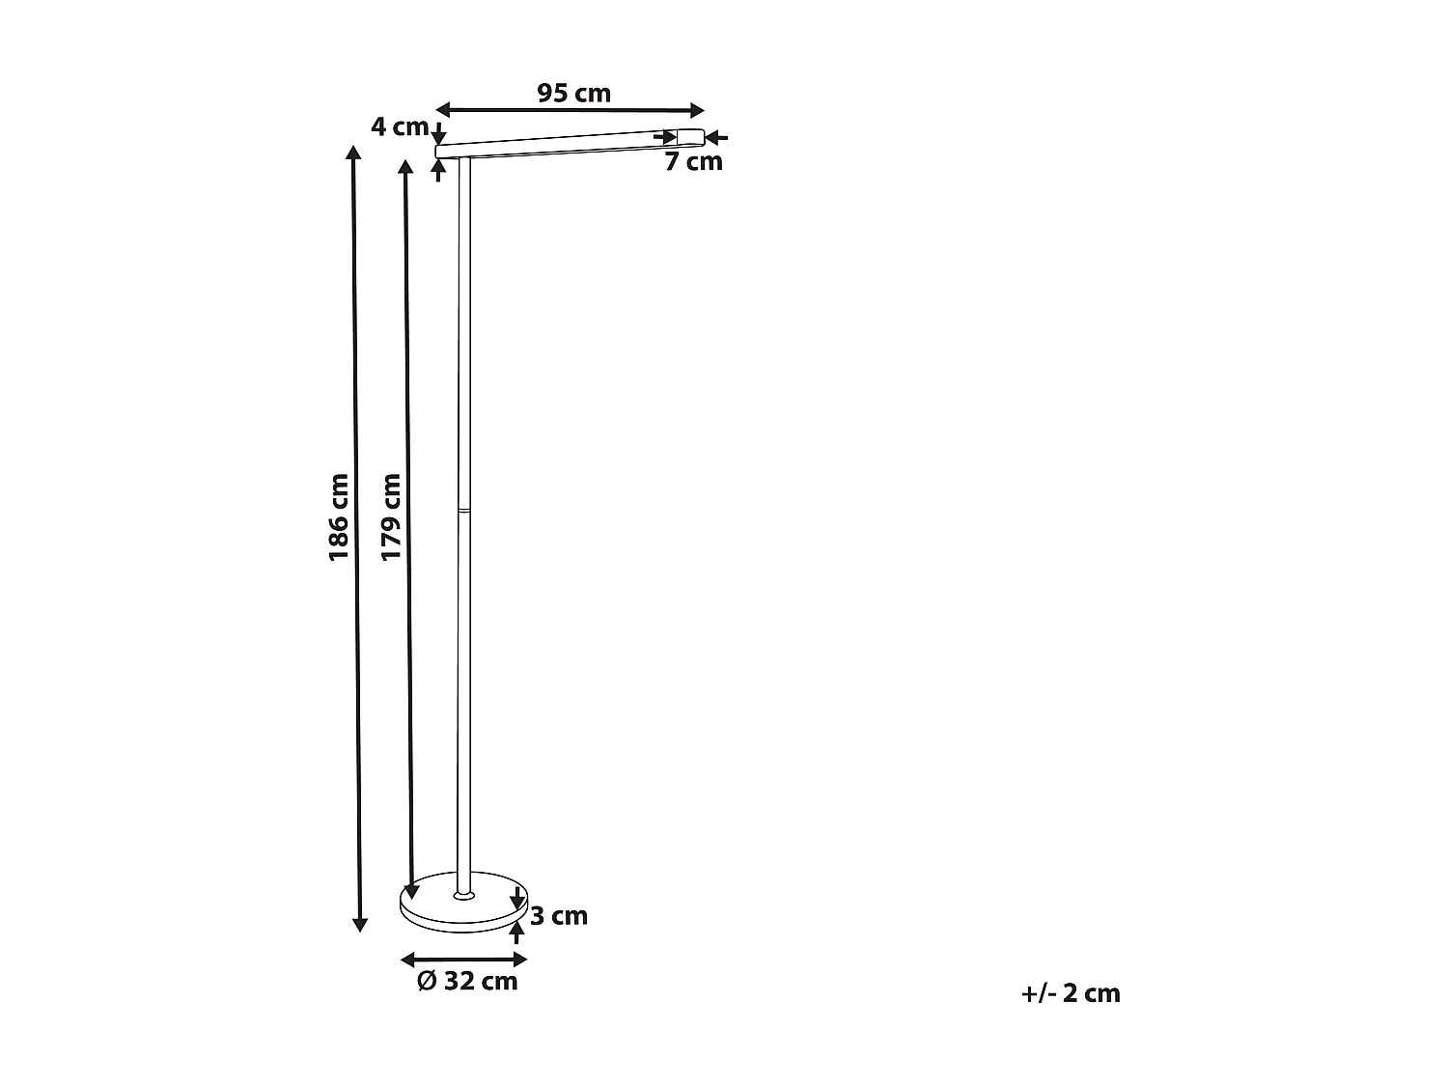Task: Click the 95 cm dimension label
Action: click(x=573, y=94)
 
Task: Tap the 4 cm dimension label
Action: click(x=399, y=126)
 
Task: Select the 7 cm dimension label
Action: click(x=693, y=162)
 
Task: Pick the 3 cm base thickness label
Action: click(x=559, y=916)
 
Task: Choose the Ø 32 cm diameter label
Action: click(x=467, y=982)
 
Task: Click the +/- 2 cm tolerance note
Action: click(x=1071, y=993)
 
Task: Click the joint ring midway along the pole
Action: click(x=464, y=507)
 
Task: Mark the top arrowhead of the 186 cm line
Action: click(x=354, y=153)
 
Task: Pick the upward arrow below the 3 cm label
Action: click(x=517, y=931)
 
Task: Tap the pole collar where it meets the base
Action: click(x=464, y=895)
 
